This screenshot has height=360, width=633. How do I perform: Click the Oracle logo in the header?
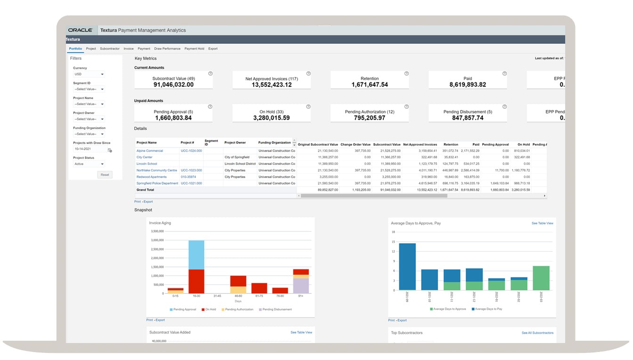[x=80, y=30]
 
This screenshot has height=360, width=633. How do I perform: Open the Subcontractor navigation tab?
[x=110, y=49]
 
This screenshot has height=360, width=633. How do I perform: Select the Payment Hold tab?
[x=194, y=49]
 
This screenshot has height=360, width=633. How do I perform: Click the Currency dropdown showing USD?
[x=89, y=74]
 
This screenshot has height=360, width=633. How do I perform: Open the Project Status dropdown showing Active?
[x=89, y=164]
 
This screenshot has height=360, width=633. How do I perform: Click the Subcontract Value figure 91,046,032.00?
[x=173, y=85]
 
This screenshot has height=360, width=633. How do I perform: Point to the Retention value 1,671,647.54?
[x=370, y=85]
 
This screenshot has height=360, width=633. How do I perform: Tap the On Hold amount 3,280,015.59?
[x=271, y=118]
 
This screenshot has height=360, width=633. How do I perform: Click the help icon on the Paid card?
[x=504, y=74]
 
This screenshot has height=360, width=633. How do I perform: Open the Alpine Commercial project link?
[x=150, y=151]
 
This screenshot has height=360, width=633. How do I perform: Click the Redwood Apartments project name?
[x=151, y=177]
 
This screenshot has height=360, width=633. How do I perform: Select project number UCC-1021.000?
[x=191, y=183]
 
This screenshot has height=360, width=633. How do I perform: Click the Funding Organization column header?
[x=275, y=142]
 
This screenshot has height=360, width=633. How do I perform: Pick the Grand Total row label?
[x=145, y=190]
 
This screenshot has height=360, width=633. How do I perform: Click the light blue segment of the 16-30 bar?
[x=196, y=254]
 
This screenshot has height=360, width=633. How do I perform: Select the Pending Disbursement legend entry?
[x=277, y=310]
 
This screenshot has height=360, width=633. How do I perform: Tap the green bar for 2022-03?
[x=541, y=278]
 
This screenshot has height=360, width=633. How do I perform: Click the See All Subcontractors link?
[x=537, y=333]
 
